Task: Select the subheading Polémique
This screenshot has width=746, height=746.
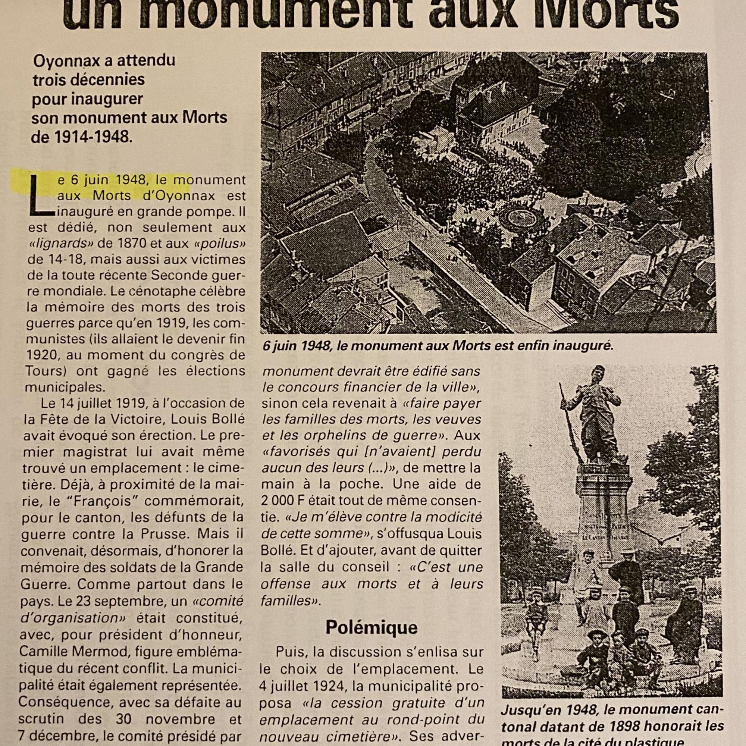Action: [371, 627]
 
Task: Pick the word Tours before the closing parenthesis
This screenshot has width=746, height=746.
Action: [42, 371]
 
